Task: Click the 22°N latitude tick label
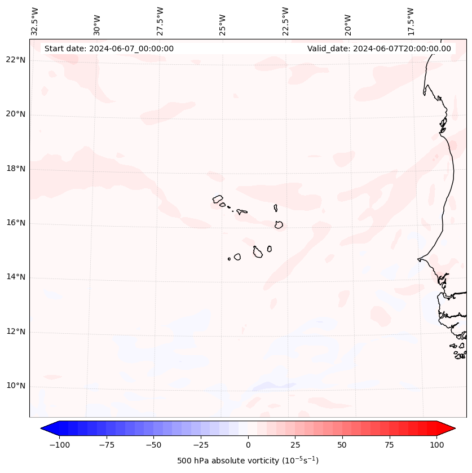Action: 15,60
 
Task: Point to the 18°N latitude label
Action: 15,169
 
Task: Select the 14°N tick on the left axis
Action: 15,277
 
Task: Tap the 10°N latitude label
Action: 15,386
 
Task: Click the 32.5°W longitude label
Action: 35,22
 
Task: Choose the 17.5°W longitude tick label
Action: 411,22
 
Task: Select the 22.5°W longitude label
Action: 285,22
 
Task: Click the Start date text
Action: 109,48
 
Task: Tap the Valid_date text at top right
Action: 379,48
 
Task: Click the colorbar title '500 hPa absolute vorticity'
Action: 248,461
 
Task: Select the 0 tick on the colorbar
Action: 248,445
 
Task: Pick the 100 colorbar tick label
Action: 436,445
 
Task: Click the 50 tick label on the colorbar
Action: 342,445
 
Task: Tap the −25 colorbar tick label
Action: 201,445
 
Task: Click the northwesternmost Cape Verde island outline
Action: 218,199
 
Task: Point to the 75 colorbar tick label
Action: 389,445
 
